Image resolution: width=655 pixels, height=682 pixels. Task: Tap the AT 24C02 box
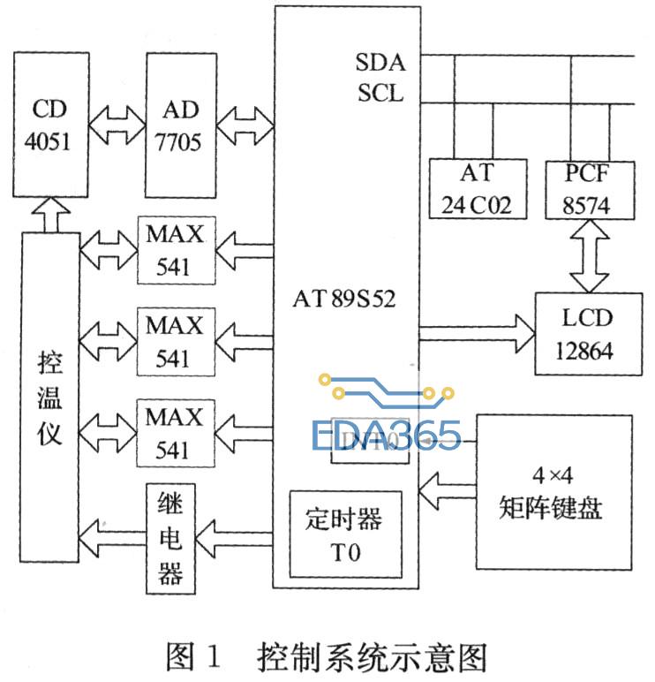point(478,189)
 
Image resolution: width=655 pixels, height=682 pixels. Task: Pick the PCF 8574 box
point(589,189)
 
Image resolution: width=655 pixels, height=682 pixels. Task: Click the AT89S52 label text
point(345,299)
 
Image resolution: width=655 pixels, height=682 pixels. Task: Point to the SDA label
point(379,63)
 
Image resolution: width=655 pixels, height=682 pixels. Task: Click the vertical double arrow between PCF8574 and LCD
point(588,255)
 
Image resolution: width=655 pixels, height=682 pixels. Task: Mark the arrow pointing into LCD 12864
point(477,334)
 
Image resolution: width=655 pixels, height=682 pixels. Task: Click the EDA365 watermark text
point(387,433)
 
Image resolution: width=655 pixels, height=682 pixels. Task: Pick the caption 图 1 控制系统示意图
point(327,657)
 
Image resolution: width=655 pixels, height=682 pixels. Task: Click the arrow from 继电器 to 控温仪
point(111,533)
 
